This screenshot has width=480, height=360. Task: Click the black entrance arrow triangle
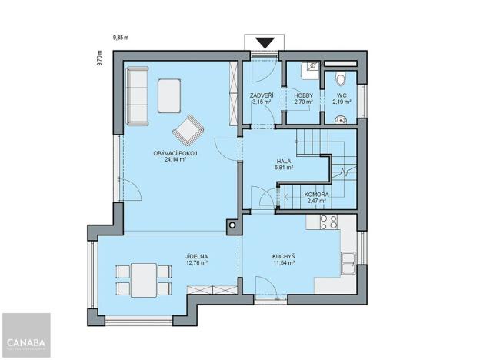[266, 43]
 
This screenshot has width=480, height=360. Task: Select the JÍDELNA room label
[197, 258]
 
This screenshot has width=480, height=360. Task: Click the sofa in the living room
[138, 95]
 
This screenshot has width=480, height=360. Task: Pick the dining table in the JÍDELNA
[143, 279]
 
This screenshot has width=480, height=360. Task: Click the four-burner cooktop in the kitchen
[328, 222]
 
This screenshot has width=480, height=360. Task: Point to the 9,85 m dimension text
[121, 37]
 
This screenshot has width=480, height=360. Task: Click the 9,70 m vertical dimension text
[100, 58]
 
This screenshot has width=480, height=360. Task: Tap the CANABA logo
[25, 341]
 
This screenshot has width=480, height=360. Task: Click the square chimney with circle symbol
[231, 226]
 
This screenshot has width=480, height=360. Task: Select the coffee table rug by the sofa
[170, 95]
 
